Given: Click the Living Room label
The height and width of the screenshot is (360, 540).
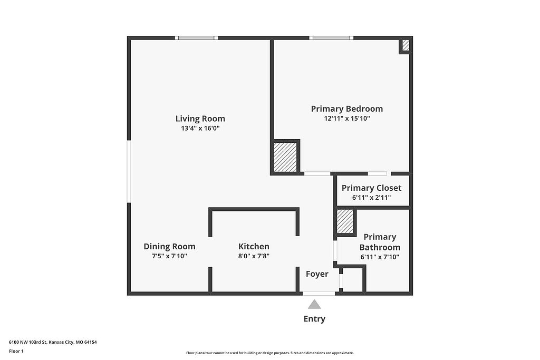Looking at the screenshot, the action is point(200,119).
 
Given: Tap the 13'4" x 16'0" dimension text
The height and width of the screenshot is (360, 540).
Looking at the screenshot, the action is point(200,129).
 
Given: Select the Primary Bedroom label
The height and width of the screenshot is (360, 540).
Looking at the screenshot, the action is point(347,109).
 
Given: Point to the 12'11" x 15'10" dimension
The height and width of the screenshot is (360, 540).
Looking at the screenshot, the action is point(347,119).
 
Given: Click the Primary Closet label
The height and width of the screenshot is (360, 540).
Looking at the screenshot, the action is point(371,188).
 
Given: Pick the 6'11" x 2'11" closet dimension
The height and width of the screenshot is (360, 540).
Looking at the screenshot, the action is point(371,198).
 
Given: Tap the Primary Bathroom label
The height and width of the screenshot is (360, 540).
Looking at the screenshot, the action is point(380,242).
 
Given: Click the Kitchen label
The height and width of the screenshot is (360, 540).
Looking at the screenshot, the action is point(254,247).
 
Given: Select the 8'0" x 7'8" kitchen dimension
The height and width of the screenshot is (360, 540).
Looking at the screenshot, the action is point(254,256).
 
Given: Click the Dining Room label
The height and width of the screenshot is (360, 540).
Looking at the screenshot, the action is point(169,247).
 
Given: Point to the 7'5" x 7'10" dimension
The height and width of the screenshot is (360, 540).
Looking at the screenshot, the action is point(169,256).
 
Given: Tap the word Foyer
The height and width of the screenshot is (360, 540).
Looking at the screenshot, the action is point(317,274).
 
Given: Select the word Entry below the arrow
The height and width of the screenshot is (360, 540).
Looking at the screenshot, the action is point(314,319).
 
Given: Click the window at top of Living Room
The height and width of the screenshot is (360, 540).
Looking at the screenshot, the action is point(196,38).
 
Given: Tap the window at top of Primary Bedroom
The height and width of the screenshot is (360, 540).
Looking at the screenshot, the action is point(331,38).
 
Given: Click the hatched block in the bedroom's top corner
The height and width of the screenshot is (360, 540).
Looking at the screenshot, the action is point(406,45).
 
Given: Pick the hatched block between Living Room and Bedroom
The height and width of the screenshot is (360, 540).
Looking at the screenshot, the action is point(285,157).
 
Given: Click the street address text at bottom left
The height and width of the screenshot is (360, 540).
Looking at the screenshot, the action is point(53,342).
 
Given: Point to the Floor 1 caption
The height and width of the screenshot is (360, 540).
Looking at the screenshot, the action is point(16,351).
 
